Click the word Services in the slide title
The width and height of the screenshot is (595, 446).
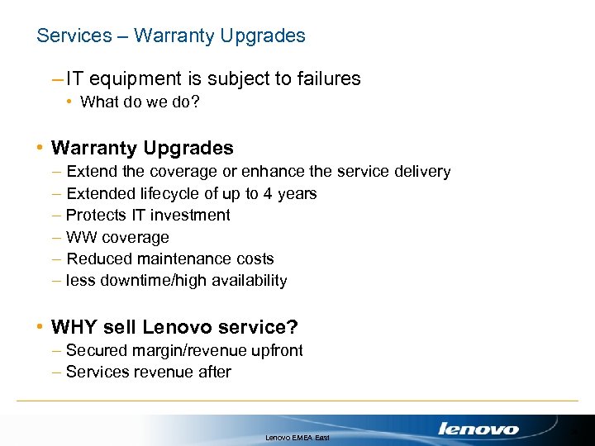[x=74, y=36]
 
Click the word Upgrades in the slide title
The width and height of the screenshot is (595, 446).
[x=264, y=36]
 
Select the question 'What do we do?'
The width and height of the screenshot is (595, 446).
[x=140, y=103]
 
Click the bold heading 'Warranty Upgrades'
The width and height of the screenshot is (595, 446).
[x=142, y=149]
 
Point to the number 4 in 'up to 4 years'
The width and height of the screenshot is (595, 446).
[x=267, y=193]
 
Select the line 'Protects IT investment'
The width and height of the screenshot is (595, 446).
[x=148, y=215]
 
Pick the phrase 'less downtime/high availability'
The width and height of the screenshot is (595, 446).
[x=176, y=281]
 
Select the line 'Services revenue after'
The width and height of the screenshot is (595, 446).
[x=148, y=372]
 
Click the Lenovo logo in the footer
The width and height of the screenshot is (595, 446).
[x=478, y=429]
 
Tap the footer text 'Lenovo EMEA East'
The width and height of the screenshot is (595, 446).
[x=297, y=436]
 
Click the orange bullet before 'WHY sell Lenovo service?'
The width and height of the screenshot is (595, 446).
[x=40, y=327]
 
